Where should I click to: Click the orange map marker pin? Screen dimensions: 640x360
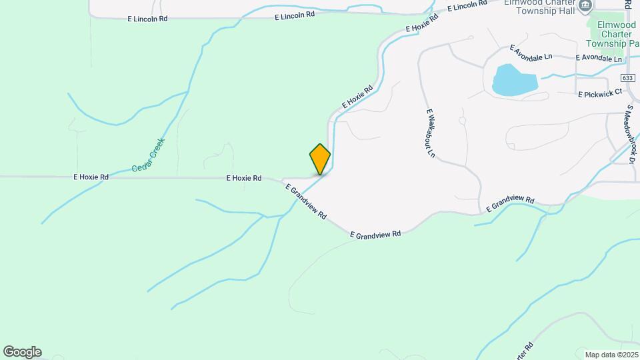point(320,159)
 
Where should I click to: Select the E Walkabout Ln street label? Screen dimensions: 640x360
point(430,133)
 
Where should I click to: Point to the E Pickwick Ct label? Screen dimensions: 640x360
point(599,93)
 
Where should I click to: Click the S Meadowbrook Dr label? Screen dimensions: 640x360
point(630,133)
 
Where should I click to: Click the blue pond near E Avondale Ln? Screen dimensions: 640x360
point(514,79)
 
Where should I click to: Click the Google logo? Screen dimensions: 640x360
point(22,352)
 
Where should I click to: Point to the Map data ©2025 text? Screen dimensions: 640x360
point(610,354)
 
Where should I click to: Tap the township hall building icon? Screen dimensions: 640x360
point(585,6)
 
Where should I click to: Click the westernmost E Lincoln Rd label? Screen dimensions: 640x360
point(147,19)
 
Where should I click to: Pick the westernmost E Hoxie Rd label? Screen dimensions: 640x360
point(91,177)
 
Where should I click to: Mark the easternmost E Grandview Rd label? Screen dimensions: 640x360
point(510,204)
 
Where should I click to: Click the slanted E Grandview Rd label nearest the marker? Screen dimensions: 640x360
point(306,201)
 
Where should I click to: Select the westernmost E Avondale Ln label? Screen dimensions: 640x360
point(531,53)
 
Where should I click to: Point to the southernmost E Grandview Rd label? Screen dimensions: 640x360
point(375,234)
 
